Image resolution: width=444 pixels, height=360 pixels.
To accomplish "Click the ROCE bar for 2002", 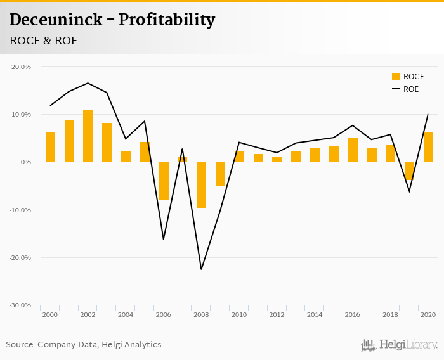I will pyautogui.click(x=88, y=136).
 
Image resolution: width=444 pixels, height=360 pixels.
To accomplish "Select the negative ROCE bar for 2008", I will pyautogui.click(x=201, y=185).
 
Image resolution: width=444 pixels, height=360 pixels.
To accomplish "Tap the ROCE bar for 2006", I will pyautogui.click(x=164, y=181).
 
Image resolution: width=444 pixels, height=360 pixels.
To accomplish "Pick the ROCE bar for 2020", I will pyautogui.click(x=428, y=147).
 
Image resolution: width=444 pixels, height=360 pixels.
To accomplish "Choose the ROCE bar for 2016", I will pyautogui.click(x=353, y=150).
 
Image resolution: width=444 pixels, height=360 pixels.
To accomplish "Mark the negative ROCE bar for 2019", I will pyautogui.click(x=409, y=171).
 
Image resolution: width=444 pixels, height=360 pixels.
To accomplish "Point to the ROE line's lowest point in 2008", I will pyautogui.click(x=201, y=269).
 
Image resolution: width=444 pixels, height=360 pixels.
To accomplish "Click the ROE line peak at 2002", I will pyautogui.click(x=88, y=83).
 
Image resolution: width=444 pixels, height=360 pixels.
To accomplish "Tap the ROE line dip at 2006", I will pyautogui.click(x=164, y=239).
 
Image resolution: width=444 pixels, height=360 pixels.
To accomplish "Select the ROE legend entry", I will pyautogui.click(x=405, y=89).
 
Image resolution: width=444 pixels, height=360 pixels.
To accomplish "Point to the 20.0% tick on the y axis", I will pyautogui.click(x=22, y=67).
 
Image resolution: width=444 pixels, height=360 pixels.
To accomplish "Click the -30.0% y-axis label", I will pyautogui.click(x=20, y=305).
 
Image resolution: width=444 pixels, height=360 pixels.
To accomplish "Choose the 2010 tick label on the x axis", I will pyautogui.click(x=239, y=314).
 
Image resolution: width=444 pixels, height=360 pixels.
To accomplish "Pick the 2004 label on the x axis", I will pyautogui.click(x=126, y=314).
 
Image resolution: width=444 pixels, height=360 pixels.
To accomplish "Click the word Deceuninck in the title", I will pyautogui.click(x=56, y=20).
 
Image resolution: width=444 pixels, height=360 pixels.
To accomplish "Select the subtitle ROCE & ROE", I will pyautogui.click(x=43, y=41).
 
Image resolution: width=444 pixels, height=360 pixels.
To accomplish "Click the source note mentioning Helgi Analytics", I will pyautogui.click(x=84, y=345).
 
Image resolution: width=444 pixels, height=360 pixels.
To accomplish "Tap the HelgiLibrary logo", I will pyautogui.click(x=399, y=345).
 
